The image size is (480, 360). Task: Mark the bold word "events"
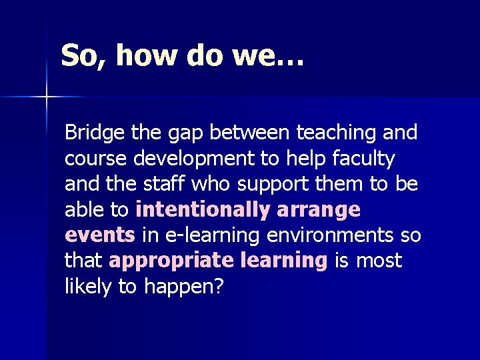pos(100,235)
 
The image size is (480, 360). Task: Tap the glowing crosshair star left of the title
pos(47,97)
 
